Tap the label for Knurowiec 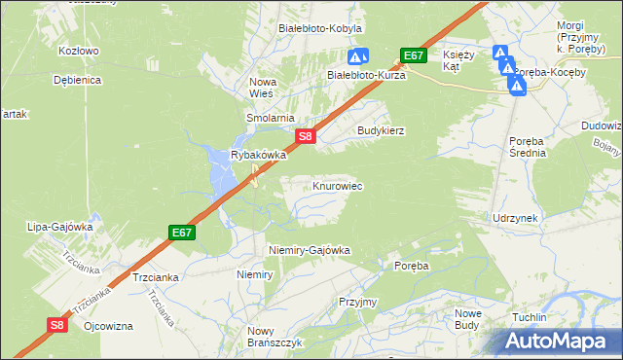pyautogui.click(x=338, y=185)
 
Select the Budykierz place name pyautogui.click(x=381, y=129)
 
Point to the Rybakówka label pyautogui.click(x=258, y=155)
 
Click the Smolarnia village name pyautogui.click(x=270, y=118)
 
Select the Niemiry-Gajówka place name pyautogui.click(x=309, y=250)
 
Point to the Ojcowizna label pyautogui.click(x=108, y=326)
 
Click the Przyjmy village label pyautogui.click(x=357, y=302)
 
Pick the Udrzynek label pyautogui.click(x=515, y=218)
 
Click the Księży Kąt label pyautogui.click(x=458, y=60)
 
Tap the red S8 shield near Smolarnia pyautogui.click(x=306, y=137)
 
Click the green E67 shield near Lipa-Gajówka pyautogui.click(x=181, y=233)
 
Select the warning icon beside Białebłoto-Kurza pyautogui.click(x=358, y=57)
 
